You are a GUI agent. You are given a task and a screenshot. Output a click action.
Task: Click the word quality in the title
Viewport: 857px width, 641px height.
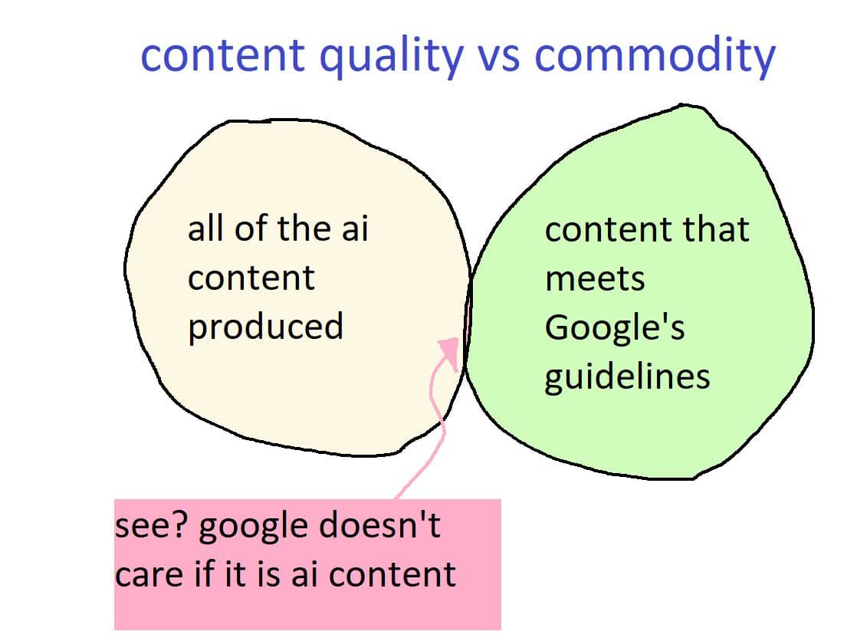click(392, 56)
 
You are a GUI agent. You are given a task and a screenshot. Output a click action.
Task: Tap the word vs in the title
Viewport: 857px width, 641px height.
click(498, 57)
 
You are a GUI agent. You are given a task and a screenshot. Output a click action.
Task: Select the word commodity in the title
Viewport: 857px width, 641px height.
click(655, 56)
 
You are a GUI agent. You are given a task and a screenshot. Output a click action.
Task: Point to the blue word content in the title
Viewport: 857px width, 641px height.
click(222, 54)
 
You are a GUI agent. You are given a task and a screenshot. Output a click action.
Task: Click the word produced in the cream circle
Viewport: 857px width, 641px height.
click(266, 327)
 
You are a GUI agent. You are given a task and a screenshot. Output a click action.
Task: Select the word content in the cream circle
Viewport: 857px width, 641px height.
click(251, 278)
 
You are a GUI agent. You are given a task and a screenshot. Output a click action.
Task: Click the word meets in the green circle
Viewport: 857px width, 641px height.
click(595, 280)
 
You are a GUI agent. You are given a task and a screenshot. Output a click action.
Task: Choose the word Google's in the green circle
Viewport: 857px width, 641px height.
click(615, 328)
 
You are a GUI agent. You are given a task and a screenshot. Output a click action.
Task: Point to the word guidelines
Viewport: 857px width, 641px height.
click(628, 377)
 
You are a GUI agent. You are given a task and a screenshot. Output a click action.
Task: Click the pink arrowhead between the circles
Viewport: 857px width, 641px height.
click(450, 353)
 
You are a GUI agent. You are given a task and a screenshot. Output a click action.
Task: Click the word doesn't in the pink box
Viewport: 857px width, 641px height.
click(380, 525)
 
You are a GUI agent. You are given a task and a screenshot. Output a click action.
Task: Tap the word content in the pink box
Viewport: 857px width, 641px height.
click(392, 575)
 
